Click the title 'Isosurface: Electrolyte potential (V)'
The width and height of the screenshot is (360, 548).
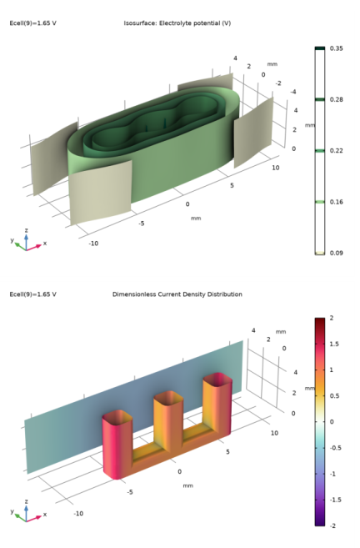177,23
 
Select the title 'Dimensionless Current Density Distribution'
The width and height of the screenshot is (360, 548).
177,294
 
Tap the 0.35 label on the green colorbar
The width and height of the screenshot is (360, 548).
337,48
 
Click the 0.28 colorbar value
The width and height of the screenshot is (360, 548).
337,99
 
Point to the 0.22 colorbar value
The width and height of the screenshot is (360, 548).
337,151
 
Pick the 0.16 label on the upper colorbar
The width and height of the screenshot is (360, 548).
337,202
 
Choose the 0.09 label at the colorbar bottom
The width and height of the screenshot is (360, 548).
337,253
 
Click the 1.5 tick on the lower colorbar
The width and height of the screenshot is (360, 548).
334,344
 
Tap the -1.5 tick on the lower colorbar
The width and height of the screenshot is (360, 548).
336,500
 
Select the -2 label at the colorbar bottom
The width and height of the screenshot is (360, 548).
332,525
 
